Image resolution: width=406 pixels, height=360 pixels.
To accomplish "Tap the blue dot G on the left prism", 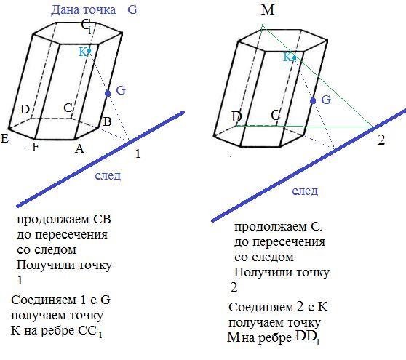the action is pos(108,93).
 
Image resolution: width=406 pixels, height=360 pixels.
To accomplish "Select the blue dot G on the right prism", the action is pos(313,100).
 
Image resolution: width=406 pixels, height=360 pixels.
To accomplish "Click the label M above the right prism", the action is pos(268,10).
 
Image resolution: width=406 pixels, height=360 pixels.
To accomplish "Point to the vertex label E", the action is pos(4,138).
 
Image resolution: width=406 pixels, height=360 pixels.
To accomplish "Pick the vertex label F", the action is pos(36,147).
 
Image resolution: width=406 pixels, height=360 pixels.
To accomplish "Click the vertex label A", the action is pos(79,148).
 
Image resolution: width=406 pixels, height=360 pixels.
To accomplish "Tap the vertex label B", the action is pos(107,121).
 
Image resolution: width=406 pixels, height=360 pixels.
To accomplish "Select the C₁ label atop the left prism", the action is pos(87,26).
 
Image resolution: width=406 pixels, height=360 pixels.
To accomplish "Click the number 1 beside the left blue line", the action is pos(138,153).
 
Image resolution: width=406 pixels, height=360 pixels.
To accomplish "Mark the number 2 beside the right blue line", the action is pos(381,140).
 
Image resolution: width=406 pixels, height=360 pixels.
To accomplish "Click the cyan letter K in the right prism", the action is pos(287,57).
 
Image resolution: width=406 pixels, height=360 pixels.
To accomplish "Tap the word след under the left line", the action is pos(108,176).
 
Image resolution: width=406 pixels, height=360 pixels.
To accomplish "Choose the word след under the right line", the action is pos(305,191).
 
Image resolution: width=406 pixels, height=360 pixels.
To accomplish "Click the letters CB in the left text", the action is pos(102,220).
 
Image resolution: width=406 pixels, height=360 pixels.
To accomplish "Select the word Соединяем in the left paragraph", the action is pos(44,300).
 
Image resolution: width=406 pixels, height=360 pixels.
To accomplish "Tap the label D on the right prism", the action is pos(236,117).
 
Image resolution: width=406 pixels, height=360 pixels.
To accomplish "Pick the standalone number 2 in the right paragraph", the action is pos(234,288).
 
